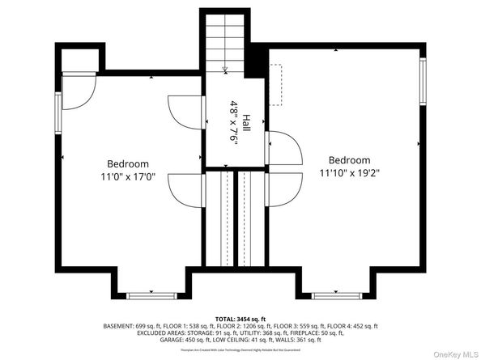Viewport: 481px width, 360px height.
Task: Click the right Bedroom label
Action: point(349,160)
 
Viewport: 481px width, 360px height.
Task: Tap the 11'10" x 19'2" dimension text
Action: point(349,172)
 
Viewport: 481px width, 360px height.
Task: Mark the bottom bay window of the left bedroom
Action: point(151,294)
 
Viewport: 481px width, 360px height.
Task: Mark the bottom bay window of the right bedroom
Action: point(337,294)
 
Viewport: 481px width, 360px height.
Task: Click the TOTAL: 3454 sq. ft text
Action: point(240,320)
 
